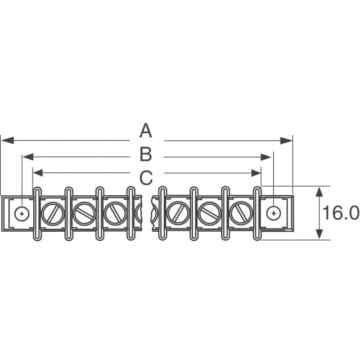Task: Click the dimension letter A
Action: (x=146, y=132)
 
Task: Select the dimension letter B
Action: (x=146, y=154)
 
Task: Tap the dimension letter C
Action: (x=146, y=178)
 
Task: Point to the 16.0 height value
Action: (x=340, y=213)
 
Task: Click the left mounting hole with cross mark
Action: (x=22, y=213)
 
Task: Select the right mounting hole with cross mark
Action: (x=273, y=213)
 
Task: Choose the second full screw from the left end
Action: (x=84, y=213)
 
